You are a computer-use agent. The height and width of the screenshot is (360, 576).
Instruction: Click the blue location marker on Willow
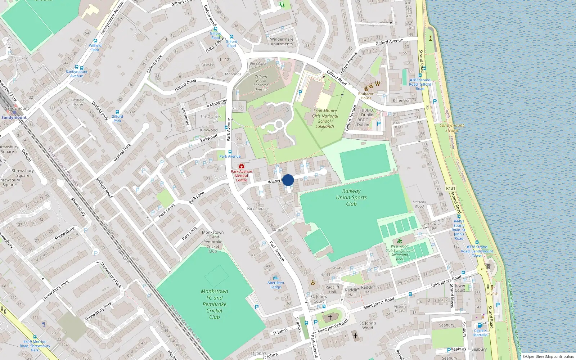(x=288, y=180)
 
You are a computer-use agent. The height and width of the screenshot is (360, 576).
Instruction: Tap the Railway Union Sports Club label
(x=351, y=197)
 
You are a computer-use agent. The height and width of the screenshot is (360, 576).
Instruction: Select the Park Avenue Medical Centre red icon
(x=241, y=166)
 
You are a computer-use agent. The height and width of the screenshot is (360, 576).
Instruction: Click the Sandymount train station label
(x=14, y=117)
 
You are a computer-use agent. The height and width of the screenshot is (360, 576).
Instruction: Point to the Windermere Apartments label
(x=282, y=41)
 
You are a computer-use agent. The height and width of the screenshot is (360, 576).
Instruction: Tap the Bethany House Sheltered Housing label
(x=261, y=83)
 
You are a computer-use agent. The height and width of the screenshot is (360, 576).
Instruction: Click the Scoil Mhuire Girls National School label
(x=325, y=118)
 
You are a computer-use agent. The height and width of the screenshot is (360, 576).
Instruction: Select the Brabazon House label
(x=366, y=96)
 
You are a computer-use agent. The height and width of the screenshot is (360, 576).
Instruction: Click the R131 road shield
(x=450, y=188)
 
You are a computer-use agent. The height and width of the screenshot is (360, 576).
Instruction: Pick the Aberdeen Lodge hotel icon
(x=276, y=278)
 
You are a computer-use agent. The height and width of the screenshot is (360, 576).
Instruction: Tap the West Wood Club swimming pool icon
(x=400, y=241)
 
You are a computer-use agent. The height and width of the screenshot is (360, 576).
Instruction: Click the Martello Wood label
(x=419, y=204)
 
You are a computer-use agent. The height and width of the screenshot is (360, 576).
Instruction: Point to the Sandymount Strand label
(x=452, y=127)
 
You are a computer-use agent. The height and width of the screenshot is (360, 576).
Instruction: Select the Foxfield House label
(x=78, y=102)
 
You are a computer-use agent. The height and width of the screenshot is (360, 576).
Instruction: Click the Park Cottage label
(x=258, y=209)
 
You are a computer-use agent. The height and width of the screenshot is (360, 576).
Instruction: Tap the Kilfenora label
(x=401, y=101)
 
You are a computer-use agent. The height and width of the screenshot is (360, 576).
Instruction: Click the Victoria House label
(x=400, y=309)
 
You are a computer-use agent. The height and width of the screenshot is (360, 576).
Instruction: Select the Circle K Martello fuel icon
(x=480, y=325)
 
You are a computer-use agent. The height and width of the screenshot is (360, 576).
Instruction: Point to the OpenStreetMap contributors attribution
(x=548, y=356)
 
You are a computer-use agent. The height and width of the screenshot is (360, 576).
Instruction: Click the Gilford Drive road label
(x=185, y=86)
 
